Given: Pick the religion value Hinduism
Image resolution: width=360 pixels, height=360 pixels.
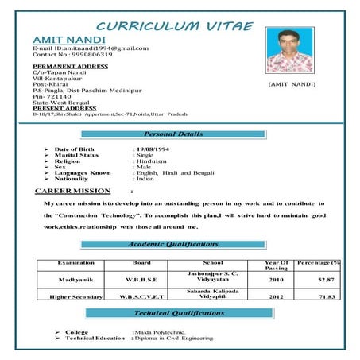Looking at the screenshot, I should (151, 162).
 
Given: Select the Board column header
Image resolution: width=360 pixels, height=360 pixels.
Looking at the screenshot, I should (141, 262).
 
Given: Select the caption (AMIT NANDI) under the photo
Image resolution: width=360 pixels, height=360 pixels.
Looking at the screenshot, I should (292, 84).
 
